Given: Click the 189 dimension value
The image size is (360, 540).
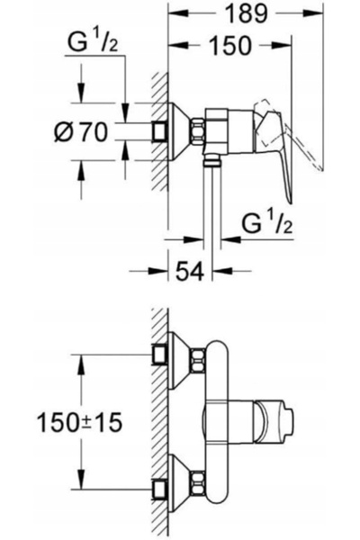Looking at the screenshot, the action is tap(246, 13).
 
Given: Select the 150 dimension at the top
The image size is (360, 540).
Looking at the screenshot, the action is tap(230, 46).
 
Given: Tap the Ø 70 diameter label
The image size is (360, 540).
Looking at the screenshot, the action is tap(81, 132).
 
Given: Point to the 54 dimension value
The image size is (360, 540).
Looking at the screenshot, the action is tap(190, 271).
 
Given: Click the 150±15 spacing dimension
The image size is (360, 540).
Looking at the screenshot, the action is tap(79, 423).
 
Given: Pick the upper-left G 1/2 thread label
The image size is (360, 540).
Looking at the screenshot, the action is tap(93, 42).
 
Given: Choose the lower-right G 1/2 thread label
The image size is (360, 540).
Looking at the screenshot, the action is tap(267, 223).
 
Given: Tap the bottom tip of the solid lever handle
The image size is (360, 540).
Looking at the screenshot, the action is tap(292, 203).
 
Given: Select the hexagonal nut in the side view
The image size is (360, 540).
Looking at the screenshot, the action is tap(198, 131).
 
